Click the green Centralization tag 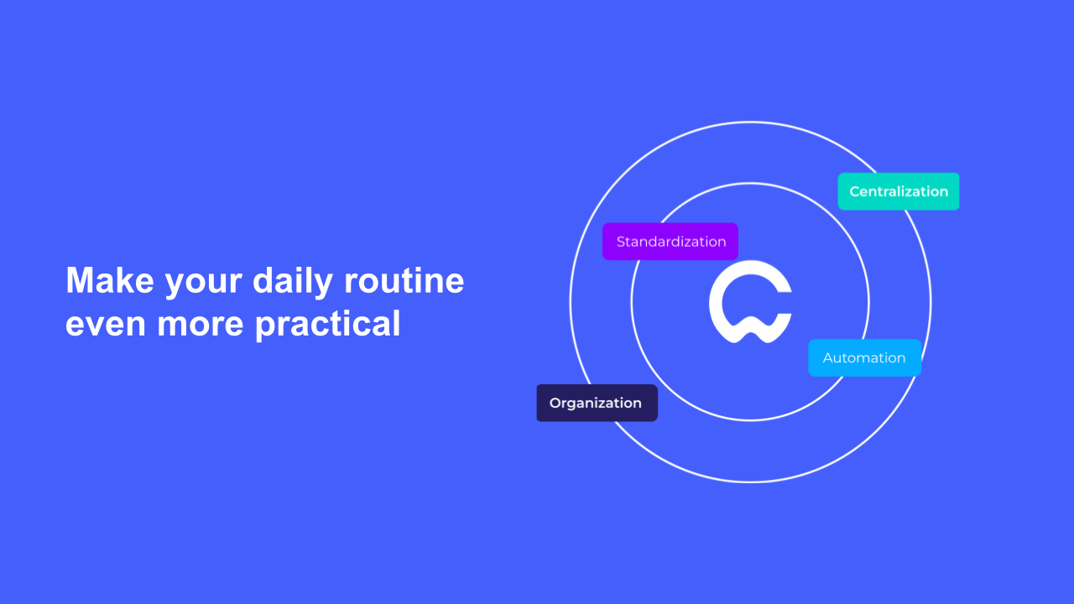pyautogui.click(x=899, y=191)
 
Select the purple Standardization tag pyautogui.click(x=670, y=242)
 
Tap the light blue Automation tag pyautogui.click(x=864, y=357)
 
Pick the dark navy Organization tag pyautogui.click(x=597, y=404)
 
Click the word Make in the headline pyautogui.click(x=110, y=280)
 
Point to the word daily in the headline pyautogui.click(x=293, y=283)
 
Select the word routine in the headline pyautogui.click(x=404, y=280)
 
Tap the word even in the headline pyautogui.click(x=106, y=325)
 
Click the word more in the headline pyautogui.click(x=200, y=325)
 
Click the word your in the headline pyautogui.click(x=204, y=284)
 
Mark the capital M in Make pyautogui.click(x=79, y=280)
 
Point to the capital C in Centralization pyautogui.click(x=855, y=192)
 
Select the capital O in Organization pyautogui.click(x=555, y=404)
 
